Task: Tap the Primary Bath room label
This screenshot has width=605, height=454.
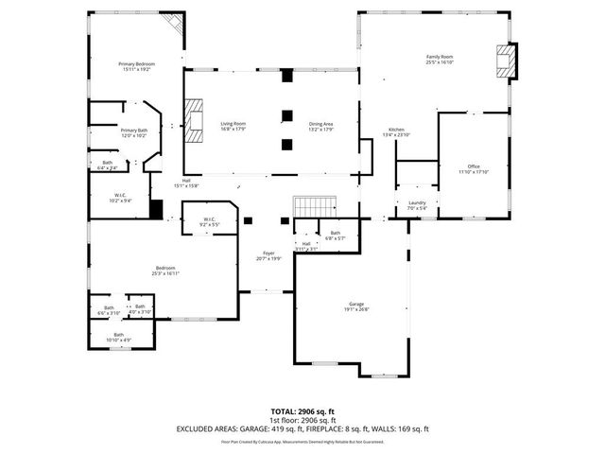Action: tap(133, 131)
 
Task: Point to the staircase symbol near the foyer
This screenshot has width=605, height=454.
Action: tap(314, 206)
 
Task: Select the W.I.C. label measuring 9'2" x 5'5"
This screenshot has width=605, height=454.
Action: tap(209, 221)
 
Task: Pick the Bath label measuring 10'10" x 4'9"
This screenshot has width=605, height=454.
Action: tap(119, 336)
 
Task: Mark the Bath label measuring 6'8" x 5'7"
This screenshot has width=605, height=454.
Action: tap(335, 235)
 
